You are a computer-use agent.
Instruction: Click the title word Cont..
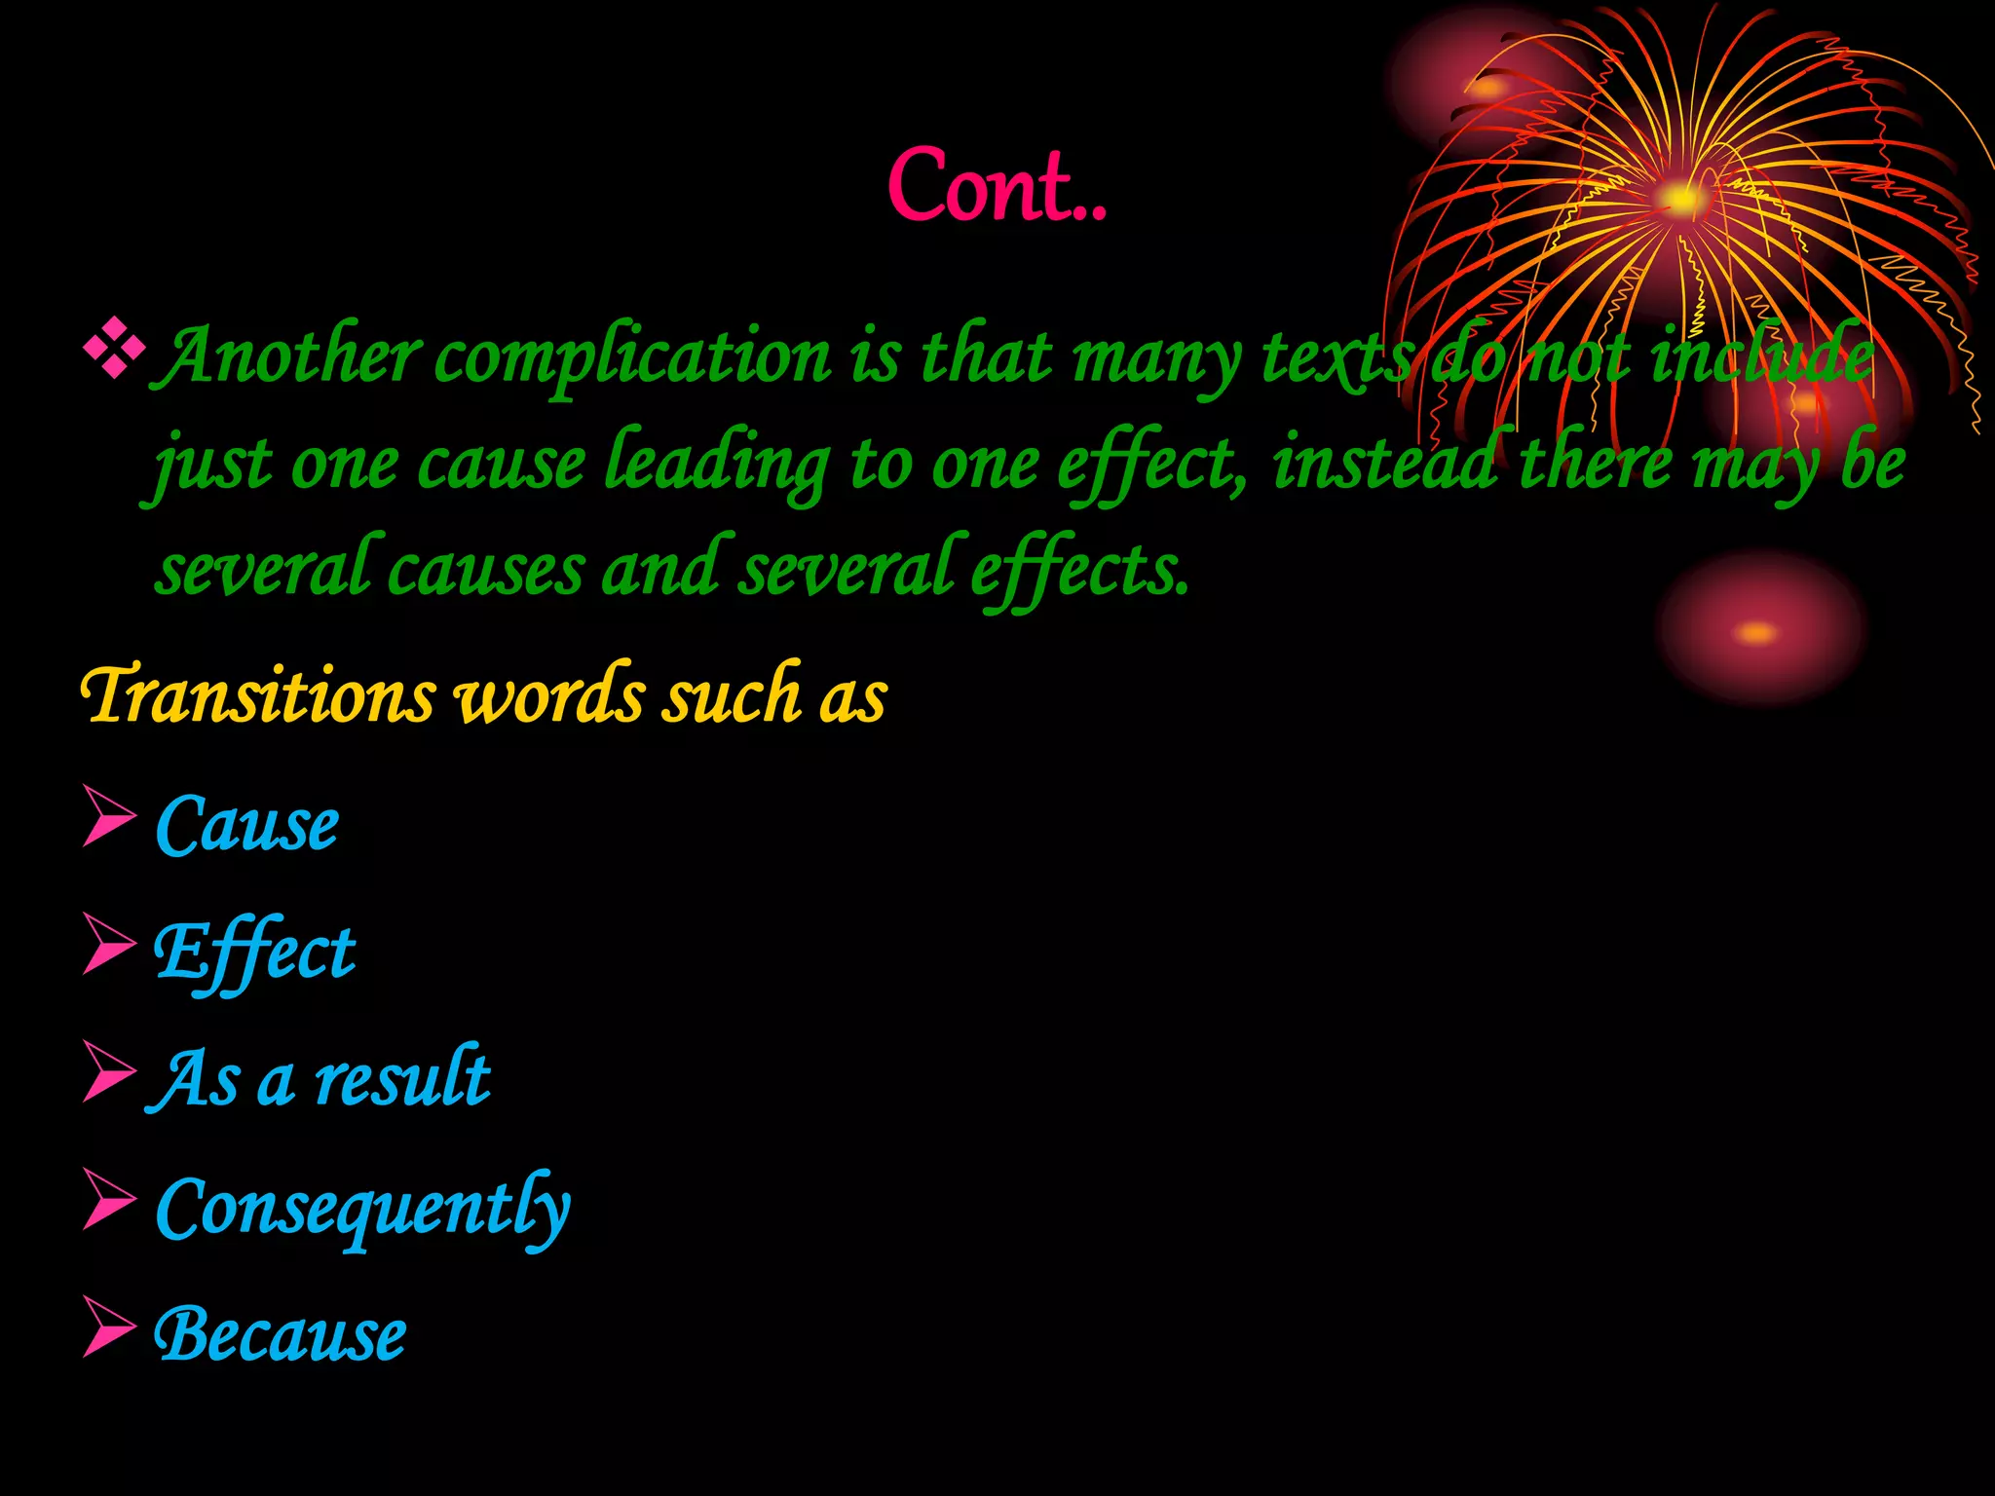coord(996,186)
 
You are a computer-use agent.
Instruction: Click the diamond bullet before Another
coord(114,349)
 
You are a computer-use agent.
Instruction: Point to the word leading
coord(716,464)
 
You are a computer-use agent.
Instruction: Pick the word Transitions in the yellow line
coord(257,695)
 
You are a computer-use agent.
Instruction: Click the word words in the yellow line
coord(550,695)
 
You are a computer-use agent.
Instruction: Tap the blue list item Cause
coord(246,825)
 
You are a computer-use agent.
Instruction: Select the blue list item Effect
coord(254,953)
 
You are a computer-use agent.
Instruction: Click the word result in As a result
coord(402,1079)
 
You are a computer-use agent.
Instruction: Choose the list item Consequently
coord(362,1208)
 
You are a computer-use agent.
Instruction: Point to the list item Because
coord(280,1334)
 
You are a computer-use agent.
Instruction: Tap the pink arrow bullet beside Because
coord(108,1327)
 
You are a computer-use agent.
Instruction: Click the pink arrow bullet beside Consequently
coord(108,1199)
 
